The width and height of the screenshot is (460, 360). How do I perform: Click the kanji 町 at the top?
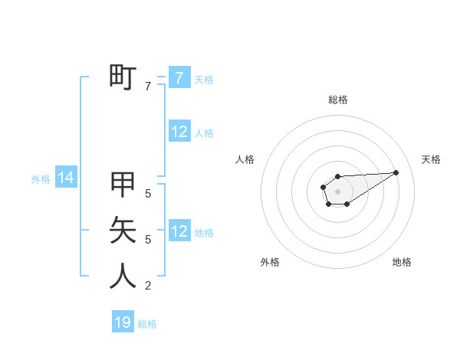(x=123, y=77)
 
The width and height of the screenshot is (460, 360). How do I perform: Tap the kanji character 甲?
(x=123, y=184)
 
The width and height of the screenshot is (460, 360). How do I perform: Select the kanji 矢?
(x=123, y=229)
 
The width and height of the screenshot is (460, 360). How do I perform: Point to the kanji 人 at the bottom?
(x=123, y=276)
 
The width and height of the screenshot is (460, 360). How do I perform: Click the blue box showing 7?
(x=179, y=78)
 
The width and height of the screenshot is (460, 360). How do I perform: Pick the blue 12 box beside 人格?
(x=179, y=132)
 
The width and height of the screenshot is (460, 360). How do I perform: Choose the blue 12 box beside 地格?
(x=179, y=231)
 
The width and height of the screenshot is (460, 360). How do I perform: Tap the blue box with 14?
(x=66, y=178)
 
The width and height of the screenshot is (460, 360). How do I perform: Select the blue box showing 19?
(x=123, y=322)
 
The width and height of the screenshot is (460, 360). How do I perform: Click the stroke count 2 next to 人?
(x=148, y=286)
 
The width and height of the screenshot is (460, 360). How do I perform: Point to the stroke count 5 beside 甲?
(x=148, y=194)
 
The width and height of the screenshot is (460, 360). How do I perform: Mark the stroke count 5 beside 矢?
(x=148, y=240)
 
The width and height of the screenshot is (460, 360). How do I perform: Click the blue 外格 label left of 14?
(x=41, y=179)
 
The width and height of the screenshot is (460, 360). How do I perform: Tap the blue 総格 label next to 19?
(x=147, y=324)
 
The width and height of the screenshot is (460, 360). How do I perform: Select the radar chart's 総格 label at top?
(x=337, y=100)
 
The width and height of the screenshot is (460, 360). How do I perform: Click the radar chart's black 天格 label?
(x=431, y=159)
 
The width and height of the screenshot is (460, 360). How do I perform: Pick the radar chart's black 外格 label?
(x=270, y=262)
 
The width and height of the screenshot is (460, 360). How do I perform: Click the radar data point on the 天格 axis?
(x=396, y=172)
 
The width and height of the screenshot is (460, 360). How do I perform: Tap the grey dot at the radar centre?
(x=337, y=191)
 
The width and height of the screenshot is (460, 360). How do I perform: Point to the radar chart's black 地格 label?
(x=402, y=262)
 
